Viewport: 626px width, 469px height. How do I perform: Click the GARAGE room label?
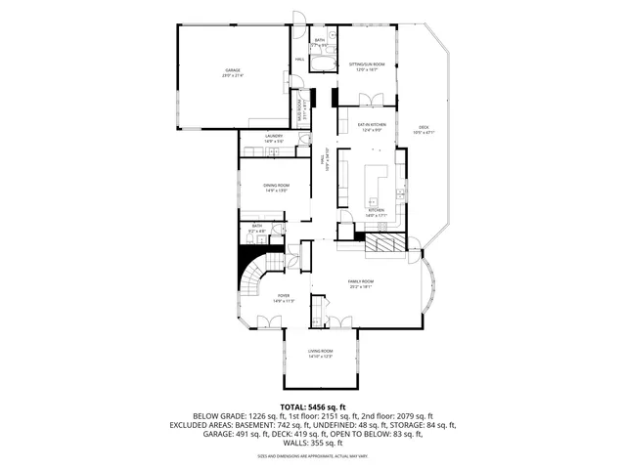click(x=233, y=71)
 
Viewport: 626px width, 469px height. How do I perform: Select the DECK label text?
click(x=424, y=128)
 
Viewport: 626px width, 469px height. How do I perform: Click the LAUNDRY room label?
click(x=273, y=138)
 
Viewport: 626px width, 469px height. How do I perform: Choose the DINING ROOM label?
click(x=276, y=187)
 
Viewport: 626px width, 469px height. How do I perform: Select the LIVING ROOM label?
click(x=321, y=353)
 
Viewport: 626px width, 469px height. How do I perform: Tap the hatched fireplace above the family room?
click(x=382, y=244)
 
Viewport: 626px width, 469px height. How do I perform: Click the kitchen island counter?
click(x=376, y=181)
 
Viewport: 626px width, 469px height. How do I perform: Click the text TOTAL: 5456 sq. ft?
click(x=313, y=405)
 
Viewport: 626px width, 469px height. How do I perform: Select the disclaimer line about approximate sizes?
click(x=313, y=455)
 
